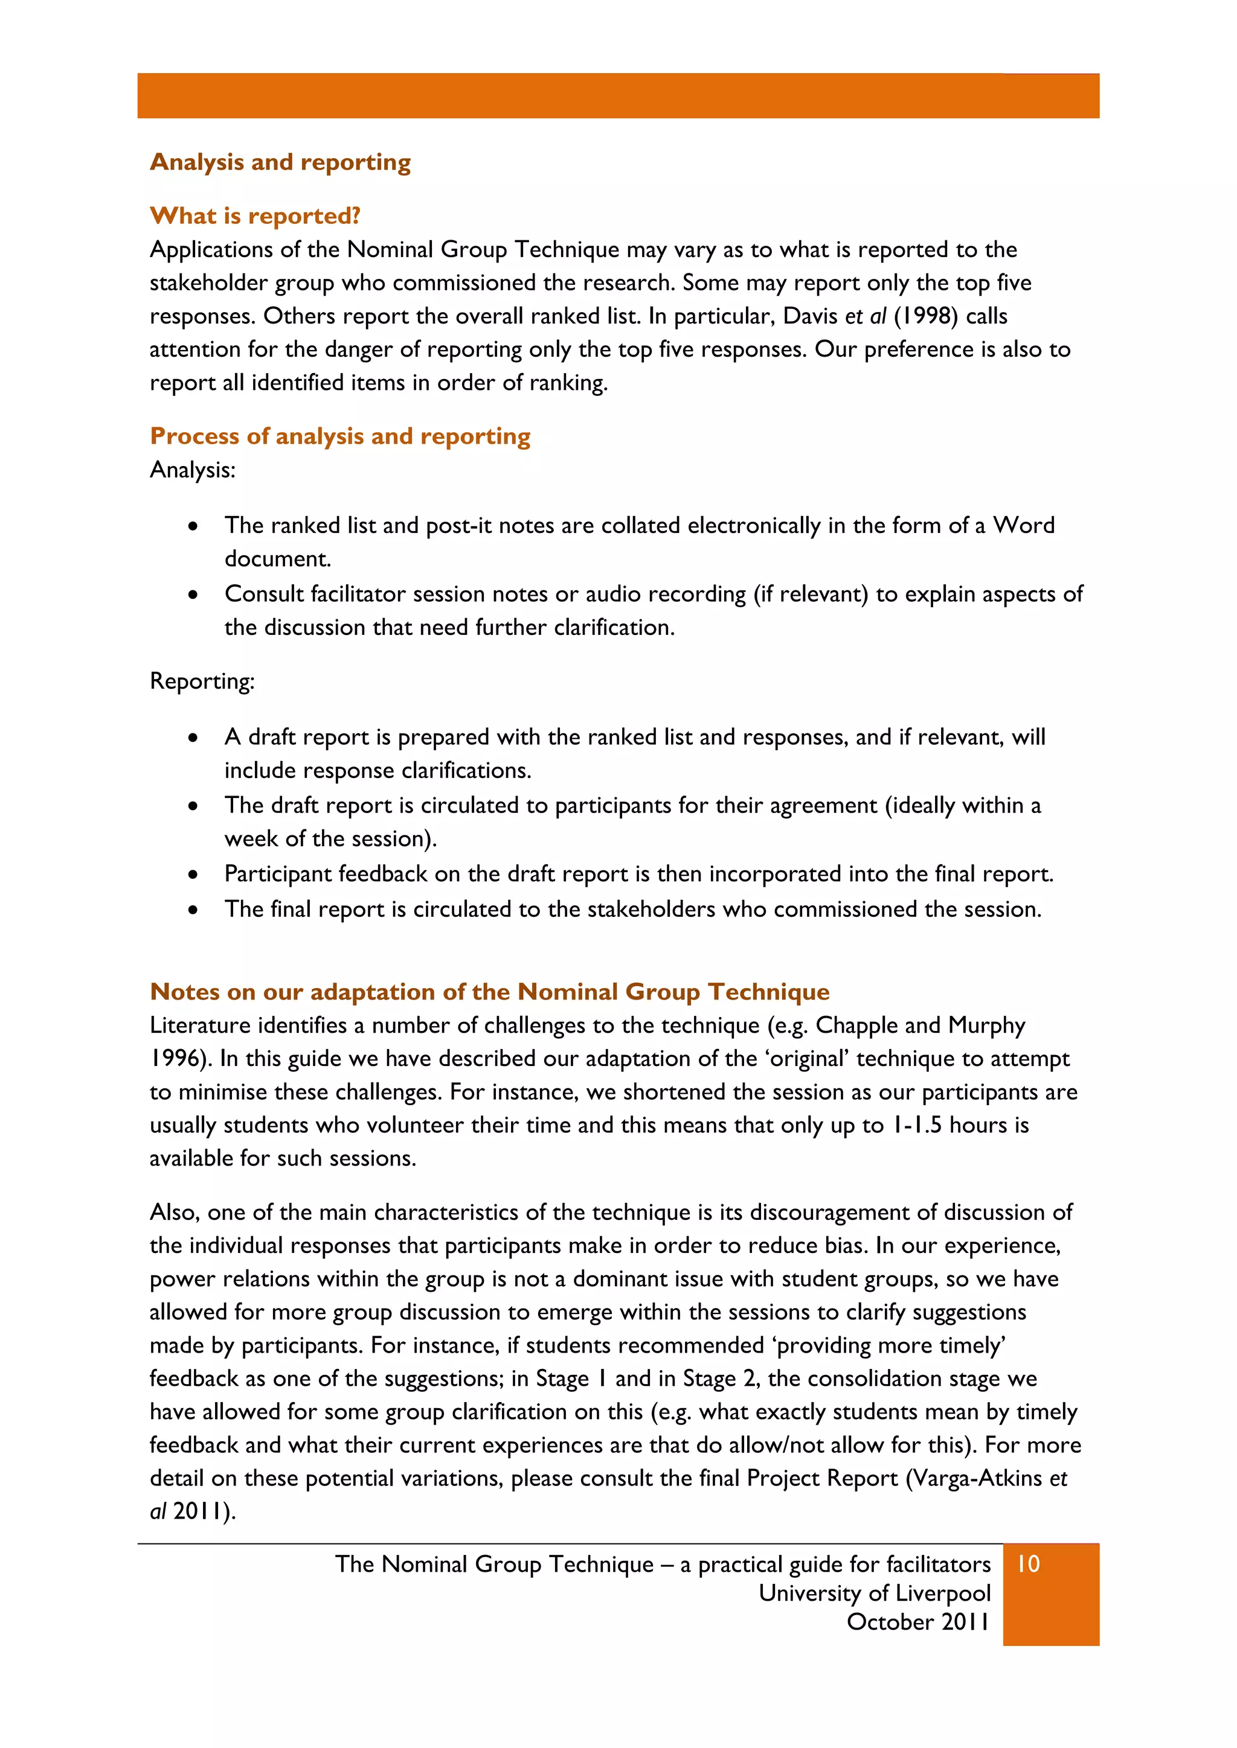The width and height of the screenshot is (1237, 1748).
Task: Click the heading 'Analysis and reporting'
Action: coord(280,162)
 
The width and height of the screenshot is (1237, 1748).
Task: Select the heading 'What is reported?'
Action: coord(255,216)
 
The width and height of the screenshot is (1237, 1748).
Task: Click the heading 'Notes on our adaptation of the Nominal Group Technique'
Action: coord(490,992)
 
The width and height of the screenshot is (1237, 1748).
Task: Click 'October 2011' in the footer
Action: coord(918,1622)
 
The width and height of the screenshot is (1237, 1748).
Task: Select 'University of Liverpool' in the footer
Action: coord(875,1593)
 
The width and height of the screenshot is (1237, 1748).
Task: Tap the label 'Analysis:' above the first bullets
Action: coord(193,470)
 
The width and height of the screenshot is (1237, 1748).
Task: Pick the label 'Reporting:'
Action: coord(202,681)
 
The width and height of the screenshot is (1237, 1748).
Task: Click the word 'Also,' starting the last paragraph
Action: coord(175,1212)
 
